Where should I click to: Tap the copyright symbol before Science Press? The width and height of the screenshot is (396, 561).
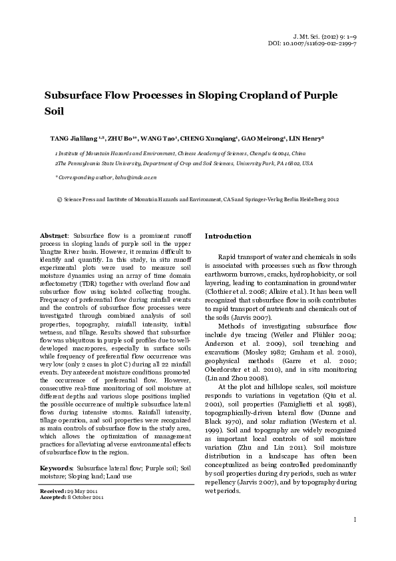coord(60,199)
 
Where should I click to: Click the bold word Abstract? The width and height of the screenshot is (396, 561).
coord(54,237)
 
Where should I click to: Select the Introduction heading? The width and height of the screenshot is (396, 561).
coord(228,237)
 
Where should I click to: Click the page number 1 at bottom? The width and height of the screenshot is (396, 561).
coord(355,537)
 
